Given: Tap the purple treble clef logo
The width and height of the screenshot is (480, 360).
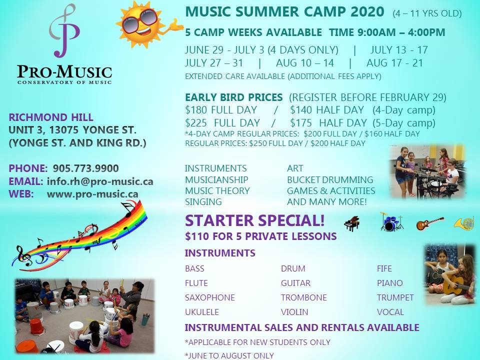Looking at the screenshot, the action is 64,30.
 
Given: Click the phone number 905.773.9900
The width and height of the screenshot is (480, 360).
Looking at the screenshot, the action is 85,168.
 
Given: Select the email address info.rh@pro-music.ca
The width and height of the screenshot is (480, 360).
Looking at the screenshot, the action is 100,181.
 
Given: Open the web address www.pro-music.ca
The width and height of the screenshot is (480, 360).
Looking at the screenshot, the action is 92,194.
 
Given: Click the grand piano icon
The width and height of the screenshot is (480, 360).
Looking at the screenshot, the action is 351,223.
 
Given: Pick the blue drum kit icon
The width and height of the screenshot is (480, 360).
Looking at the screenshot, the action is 391,221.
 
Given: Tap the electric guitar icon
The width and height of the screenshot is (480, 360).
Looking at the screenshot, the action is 430,223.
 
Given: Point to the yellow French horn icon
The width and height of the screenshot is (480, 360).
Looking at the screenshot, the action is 464,223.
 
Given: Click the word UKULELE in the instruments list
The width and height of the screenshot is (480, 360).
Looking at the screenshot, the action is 202,312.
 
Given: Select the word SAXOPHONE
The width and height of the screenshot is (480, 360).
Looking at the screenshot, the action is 210,297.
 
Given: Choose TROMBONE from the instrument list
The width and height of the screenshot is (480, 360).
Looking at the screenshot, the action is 304,297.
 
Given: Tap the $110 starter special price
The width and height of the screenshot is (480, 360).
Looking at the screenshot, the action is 196,236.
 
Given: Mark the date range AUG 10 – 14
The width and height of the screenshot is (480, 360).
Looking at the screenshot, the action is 305,63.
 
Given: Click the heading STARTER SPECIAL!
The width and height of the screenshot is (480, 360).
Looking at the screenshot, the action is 254,220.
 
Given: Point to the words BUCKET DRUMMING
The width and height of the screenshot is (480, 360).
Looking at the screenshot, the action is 330,179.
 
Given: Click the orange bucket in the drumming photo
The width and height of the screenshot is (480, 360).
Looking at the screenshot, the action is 37,326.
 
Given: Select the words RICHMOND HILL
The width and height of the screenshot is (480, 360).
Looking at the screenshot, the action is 51,117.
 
